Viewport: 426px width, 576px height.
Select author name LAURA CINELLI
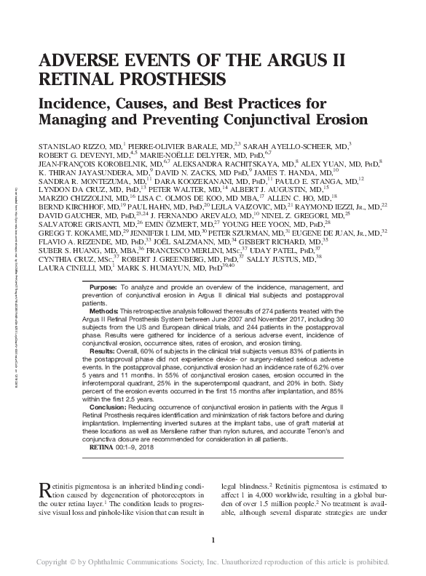[x=67, y=268]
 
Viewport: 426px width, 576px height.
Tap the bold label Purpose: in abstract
[x=103, y=289]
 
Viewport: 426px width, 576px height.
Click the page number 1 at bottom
[x=213, y=539]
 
